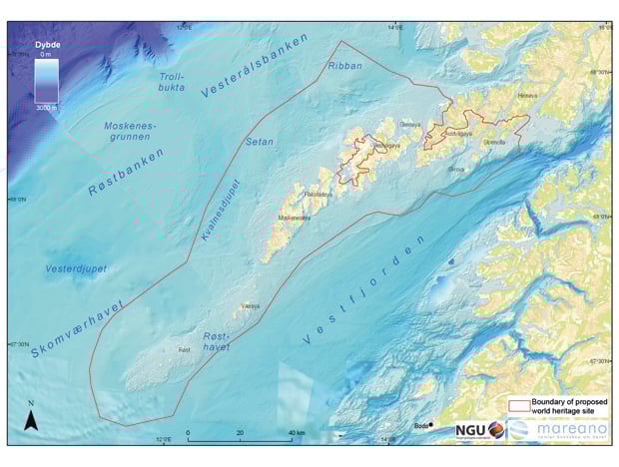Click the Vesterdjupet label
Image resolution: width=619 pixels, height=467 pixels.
pyautogui.click(x=76, y=268)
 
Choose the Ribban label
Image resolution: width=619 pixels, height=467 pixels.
pyautogui.click(x=345, y=65)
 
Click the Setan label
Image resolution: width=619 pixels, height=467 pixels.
pyautogui.click(x=260, y=141)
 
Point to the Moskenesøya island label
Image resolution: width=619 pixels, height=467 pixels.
pyautogui.click(x=293, y=217)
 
